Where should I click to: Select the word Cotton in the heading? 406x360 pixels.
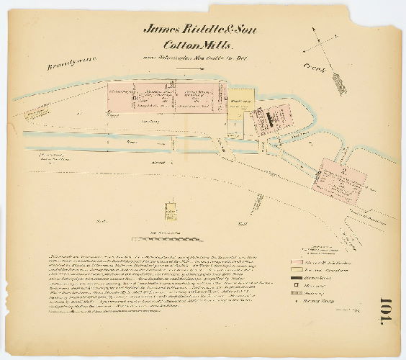coord(184,45)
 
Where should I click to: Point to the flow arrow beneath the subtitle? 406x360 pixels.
coord(189,71)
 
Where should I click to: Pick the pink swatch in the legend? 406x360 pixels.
coord(299,261)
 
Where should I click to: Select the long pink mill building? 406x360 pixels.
coord(166,101)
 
